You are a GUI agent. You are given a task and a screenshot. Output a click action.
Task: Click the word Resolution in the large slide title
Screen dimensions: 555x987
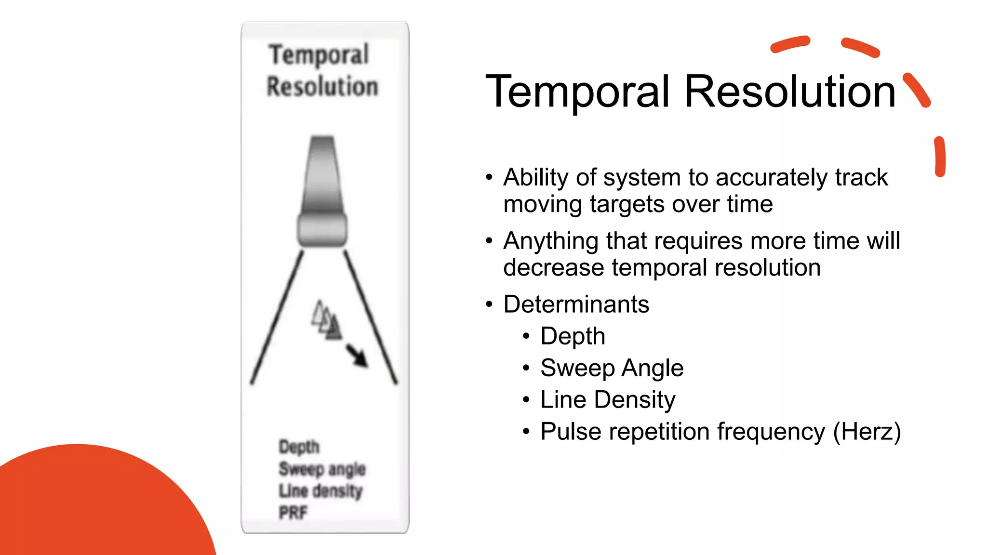pyautogui.click(x=789, y=92)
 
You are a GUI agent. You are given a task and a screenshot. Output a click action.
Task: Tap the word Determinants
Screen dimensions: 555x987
pyautogui.click(x=576, y=304)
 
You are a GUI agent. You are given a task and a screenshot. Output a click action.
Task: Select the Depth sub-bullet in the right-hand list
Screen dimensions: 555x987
pyautogui.click(x=573, y=336)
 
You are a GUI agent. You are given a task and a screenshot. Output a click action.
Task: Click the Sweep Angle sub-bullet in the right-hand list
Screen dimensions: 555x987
pyautogui.click(x=612, y=368)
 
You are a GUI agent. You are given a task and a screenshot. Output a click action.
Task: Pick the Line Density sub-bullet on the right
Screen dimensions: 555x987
pyautogui.click(x=608, y=400)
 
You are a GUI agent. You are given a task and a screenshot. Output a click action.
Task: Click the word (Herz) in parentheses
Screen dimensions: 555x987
pyautogui.click(x=867, y=432)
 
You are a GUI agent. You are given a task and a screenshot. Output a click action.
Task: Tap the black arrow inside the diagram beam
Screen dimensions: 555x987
pyautogui.click(x=357, y=356)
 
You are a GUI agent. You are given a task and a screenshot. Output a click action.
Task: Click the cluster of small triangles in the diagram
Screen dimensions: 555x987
pyautogui.click(x=327, y=320)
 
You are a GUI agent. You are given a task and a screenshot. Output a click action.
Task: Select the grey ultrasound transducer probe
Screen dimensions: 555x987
pyautogui.click(x=322, y=193)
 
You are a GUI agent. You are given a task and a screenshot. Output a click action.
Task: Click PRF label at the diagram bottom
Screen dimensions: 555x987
pyautogui.click(x=293, y=513)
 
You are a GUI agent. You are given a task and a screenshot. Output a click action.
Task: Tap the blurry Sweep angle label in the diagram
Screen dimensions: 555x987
pyautogui.click(x=322, y=469)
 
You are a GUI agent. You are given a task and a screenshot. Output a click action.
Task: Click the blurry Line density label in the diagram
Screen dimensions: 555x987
pyautogui.click(x=320, y=491)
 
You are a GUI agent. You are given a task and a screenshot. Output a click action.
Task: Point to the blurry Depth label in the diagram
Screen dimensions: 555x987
pyautogui.click(x=299, y=447)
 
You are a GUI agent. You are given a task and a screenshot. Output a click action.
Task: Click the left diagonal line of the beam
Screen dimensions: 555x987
pyautogui.click(x=277, y=317)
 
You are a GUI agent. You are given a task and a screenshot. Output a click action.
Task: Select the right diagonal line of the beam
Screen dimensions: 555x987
pyautogui.click(x=370, y=317)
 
